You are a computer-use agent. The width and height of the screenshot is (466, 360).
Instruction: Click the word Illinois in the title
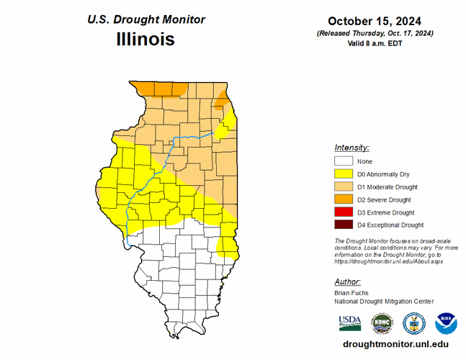[145, 39]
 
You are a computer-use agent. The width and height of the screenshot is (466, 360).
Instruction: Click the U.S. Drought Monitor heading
[145, 19]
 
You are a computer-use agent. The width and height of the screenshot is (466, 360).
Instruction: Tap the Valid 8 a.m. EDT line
[375, 43]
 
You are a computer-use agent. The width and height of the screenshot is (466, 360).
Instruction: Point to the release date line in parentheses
[375, 33]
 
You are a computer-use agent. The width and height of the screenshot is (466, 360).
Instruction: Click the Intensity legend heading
[351, 147]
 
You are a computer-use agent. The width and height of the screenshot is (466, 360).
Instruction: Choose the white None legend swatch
[343, 161]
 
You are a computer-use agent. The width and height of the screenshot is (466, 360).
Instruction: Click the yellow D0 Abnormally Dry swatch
[343, 174]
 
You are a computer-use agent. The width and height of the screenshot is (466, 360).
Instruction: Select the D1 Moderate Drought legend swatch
[343, 187]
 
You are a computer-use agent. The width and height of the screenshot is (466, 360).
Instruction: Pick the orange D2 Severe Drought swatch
[343, 199]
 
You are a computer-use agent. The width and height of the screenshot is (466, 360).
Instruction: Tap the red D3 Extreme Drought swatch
[343, 212]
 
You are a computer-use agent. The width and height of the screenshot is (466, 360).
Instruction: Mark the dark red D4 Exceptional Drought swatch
[343, 225]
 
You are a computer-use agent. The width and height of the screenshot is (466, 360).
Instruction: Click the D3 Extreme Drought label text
[385, 212]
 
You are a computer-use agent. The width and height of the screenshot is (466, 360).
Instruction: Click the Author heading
[347, 282]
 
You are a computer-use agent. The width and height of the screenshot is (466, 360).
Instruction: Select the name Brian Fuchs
[352, 293]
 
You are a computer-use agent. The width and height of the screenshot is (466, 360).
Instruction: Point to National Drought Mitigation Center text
[384, 302]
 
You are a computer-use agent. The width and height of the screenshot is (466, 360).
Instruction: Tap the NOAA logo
[446, 322]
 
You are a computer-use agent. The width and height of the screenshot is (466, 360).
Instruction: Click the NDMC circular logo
[381, 322]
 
